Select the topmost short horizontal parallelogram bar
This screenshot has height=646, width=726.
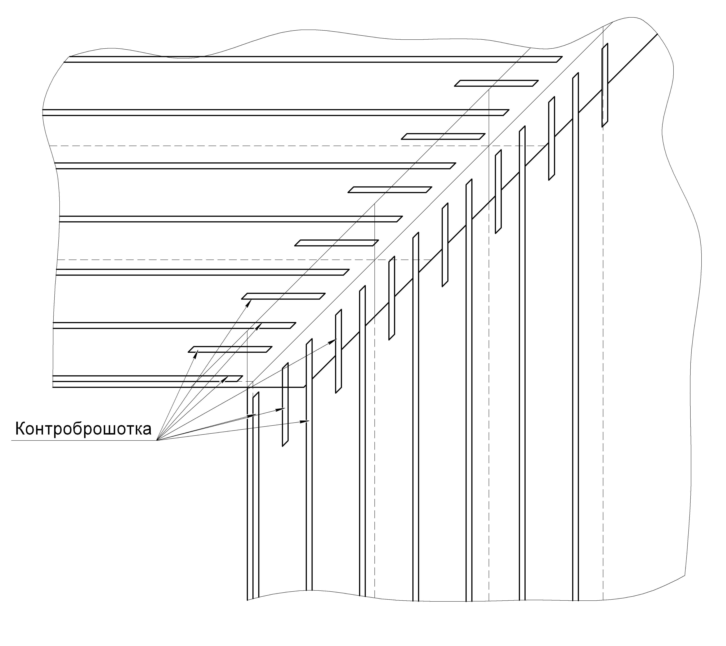point(497,83)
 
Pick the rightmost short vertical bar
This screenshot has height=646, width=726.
point(605,85)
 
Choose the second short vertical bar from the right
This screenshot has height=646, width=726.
point(552,138)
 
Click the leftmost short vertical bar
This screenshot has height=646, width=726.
point(285,405)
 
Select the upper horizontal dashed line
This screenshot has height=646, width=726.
point(298,146)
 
